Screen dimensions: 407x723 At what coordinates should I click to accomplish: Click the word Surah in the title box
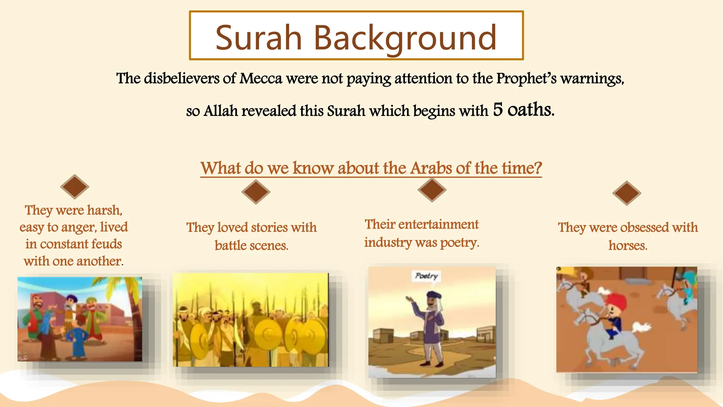pos(258,37)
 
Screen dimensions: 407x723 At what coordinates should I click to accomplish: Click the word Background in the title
pos(405,37)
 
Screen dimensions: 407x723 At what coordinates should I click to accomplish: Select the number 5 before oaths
pos(498,110)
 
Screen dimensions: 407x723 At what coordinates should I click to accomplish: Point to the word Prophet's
pos(526,78)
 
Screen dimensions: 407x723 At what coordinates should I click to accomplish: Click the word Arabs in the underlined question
pos(431,168)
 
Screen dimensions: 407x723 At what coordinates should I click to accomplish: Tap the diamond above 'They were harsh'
pos(74,187)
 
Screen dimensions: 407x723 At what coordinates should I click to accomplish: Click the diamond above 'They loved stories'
pos(256,192)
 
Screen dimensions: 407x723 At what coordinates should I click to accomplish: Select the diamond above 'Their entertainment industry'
pos(432,190)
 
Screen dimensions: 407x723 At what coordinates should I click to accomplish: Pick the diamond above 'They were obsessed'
pos(627,193)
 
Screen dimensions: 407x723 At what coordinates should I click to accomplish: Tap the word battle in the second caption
pos(231,246)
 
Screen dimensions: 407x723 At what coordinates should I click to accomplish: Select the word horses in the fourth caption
pos(628,246)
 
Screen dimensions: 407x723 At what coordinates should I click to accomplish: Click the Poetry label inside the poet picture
pos(426,276)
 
